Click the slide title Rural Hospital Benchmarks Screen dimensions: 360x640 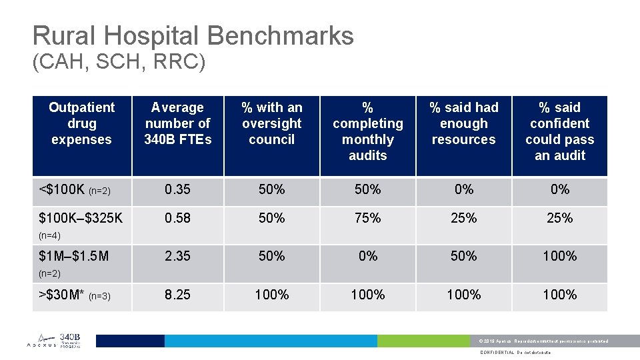click(193, 35)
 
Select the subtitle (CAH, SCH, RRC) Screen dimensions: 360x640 click(119, 63)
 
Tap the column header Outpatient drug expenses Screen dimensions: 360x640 click(81, 123)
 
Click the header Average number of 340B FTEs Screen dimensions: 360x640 click(177, 123)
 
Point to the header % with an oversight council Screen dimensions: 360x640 click(272, 123)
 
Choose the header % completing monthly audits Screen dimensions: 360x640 click(367, 131)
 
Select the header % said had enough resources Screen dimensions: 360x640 click(463, 123)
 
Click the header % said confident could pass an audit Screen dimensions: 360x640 click(559, 131)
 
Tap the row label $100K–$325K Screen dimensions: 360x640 click(81, 218)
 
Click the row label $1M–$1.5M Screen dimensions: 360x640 click(74, 256)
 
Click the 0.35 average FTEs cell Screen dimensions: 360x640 click(177, 190)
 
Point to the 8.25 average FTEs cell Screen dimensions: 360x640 click(177, 295)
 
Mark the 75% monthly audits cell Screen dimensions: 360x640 click(367, 218)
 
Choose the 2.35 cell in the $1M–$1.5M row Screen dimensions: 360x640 click(177, 256)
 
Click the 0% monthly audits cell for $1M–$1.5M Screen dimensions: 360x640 click(367, 256)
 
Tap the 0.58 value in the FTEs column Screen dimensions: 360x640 click(177, 218)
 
